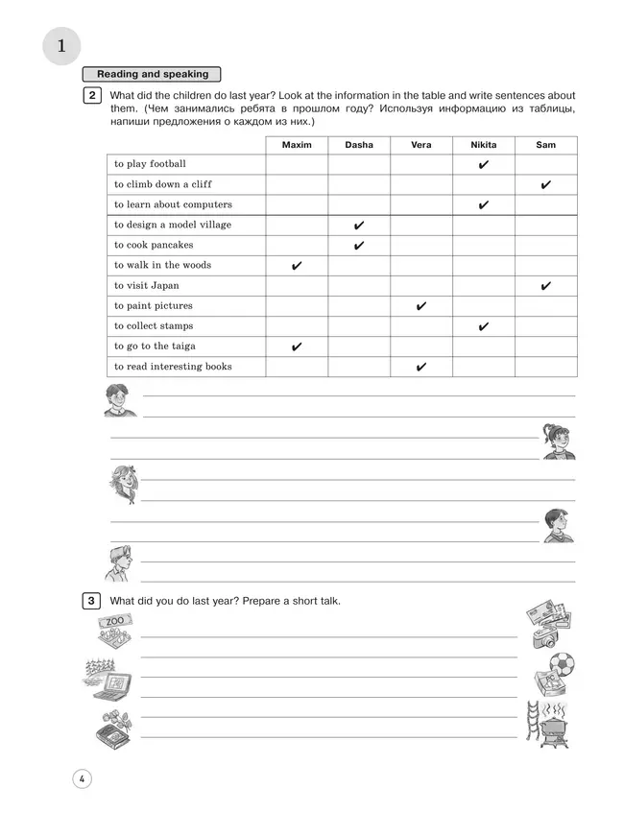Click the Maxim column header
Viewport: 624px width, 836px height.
pos(297,145)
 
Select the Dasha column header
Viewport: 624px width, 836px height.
pos(359,145)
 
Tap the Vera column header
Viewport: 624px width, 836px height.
pos(420,145)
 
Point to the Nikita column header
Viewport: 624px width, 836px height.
pos(483,145)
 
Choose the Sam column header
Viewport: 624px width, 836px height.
pos(545,145)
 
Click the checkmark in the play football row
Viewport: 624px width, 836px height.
pos(483,165)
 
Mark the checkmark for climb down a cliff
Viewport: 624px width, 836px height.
pos(545,185)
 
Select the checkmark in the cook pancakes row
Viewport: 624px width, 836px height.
pos(359,246)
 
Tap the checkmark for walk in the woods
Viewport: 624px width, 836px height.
pos(297,266)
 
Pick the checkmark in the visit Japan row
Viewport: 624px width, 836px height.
pos(545,286)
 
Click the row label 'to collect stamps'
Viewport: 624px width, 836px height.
pos(154,326)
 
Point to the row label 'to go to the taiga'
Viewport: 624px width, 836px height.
pos(155,346)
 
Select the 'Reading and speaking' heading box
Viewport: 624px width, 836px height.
pos(152,74)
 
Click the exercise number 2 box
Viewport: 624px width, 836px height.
pos(91,95)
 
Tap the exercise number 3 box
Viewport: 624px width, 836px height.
pos(91,601)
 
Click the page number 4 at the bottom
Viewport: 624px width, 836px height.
pos(83,778)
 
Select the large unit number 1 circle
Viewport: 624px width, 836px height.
pos(62,46)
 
